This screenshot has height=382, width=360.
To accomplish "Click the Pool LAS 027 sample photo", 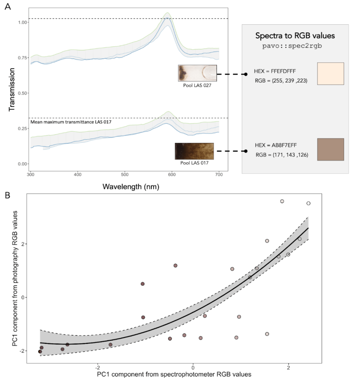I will pyautogui.click(x=197, y=73).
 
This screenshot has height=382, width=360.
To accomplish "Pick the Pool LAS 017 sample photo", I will pyautogui.click(x=194, y=151).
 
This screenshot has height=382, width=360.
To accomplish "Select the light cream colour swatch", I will pyautogui.click(x=330, y=74).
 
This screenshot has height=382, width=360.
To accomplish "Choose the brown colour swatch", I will pyautogui.click(x=330, y=149).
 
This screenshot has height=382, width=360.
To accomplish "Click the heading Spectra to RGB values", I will pyautogui.click(x=295, y=36).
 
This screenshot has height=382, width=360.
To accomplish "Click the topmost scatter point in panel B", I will pyautogui.click(x=282, y=201).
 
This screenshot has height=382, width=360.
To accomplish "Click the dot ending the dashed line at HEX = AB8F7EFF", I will pyautogui.click(x=246, y=151).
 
